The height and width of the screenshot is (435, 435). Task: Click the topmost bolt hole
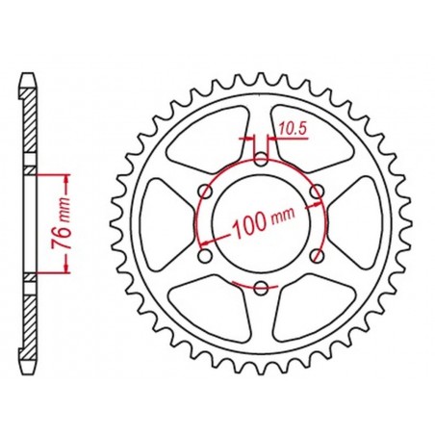(261, 159)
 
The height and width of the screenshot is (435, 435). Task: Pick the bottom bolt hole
(261, 287)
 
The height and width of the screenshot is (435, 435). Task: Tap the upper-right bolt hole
(317, 191)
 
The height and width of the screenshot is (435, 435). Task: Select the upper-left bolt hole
(205, 191)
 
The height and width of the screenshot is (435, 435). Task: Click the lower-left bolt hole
(205, 255)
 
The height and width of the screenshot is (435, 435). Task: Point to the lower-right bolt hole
(317, 255)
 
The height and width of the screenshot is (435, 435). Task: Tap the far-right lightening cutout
(371, 223)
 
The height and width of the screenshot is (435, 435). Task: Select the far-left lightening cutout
(151, 223)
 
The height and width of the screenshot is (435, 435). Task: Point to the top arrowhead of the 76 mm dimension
(64, 178)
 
